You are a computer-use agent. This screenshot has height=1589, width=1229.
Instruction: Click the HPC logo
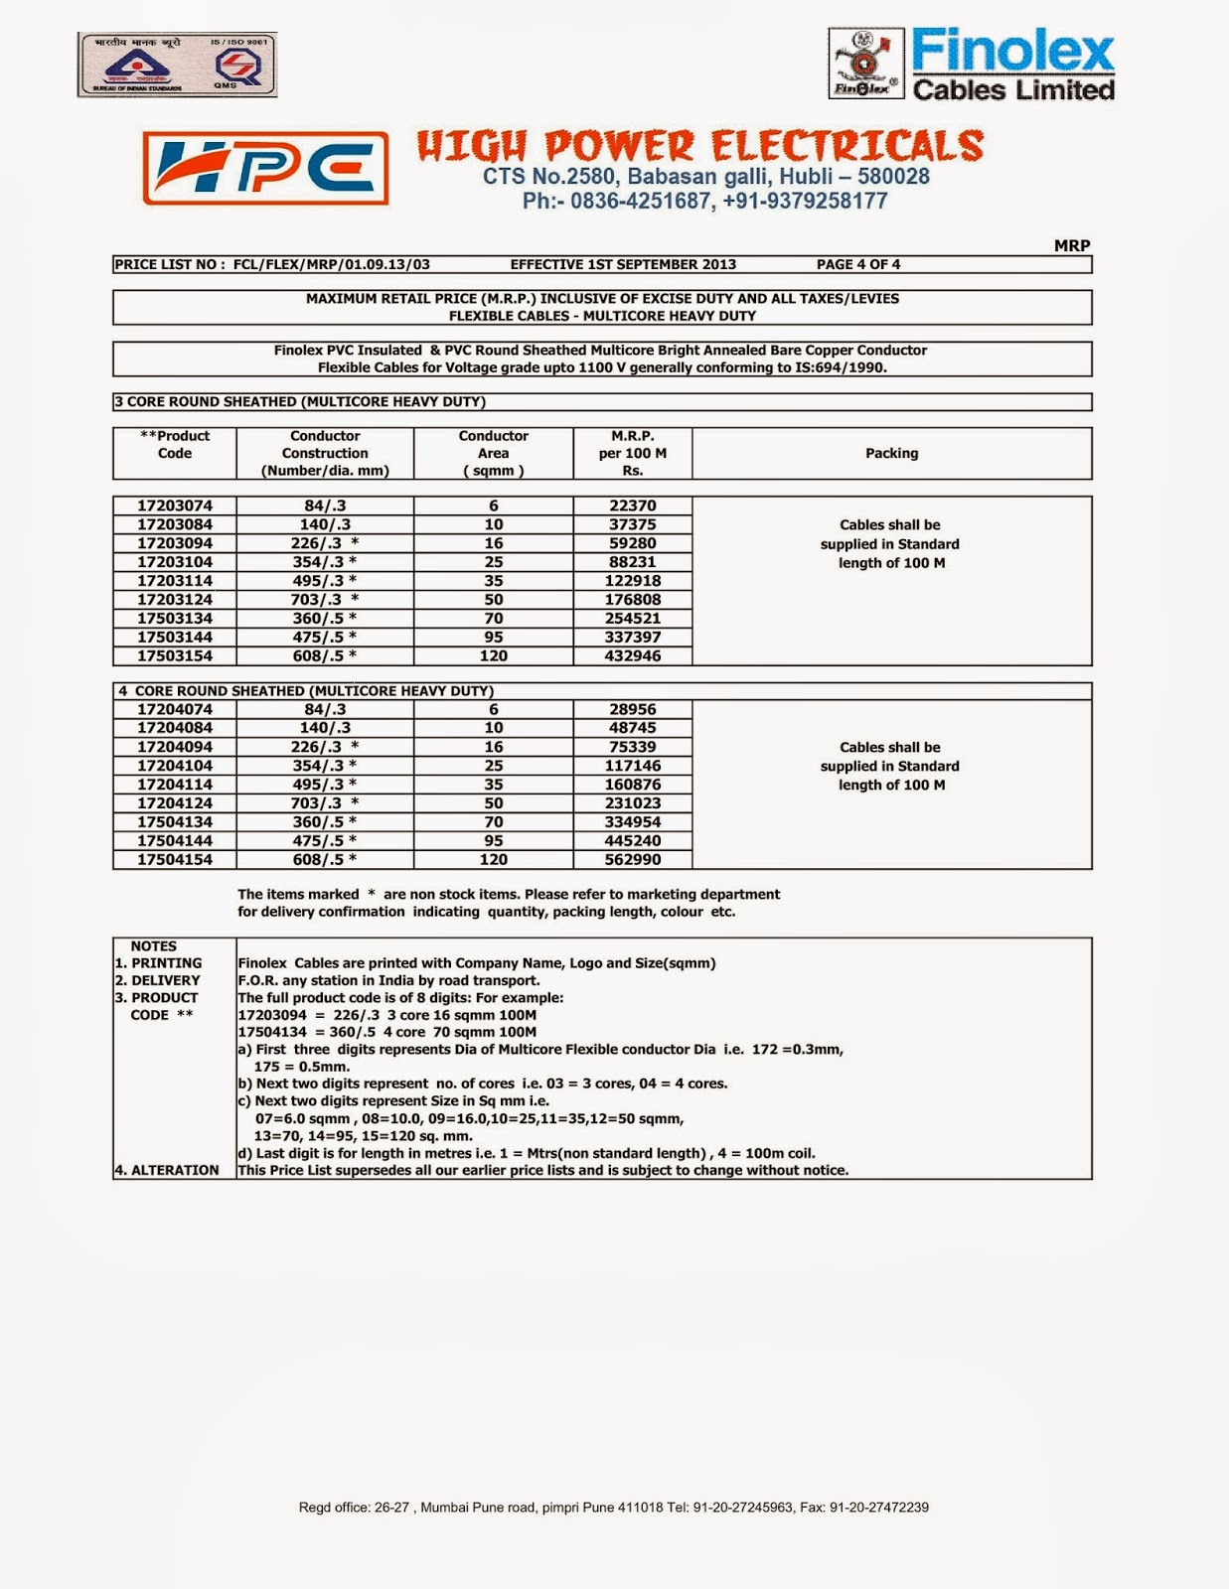tap(265, 168)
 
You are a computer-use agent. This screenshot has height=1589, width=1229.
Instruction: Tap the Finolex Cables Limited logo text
tap(1012, 66)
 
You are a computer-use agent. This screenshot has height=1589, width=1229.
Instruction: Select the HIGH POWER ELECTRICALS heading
tap(700, 146)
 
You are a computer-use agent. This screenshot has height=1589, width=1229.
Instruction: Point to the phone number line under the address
tap(704, 202)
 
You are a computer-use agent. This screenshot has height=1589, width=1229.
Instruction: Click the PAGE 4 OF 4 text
tap(857, 264)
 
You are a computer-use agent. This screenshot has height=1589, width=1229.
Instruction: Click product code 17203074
tap(175, 506)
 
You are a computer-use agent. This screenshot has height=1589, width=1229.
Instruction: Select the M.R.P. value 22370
tap(633, 506)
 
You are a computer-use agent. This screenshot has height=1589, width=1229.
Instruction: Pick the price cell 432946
tap(633, 655)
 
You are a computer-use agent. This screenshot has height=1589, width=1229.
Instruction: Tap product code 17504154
tap(175, 860)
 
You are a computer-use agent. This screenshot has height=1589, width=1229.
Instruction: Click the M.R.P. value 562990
tap(633, 860)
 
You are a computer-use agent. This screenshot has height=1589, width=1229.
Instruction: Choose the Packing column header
tap(891, 453)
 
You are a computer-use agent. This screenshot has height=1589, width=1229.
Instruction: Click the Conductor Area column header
tap(494, 453)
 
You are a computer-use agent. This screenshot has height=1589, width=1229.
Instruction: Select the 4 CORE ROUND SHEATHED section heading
tap(306, 690)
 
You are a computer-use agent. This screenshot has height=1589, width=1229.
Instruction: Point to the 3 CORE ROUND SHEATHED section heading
tap(300, 401)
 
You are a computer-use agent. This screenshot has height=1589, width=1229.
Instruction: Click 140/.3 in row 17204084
tap(325, 728)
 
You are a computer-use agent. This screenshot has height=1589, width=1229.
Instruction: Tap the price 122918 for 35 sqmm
tap(633, 580)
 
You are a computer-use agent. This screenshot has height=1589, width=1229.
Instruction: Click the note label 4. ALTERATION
tap(167, 1170)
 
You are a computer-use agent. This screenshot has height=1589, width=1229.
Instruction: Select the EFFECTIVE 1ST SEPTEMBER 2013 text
tap(623, 264)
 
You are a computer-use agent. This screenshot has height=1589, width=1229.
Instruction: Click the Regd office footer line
tap(613, 1507)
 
